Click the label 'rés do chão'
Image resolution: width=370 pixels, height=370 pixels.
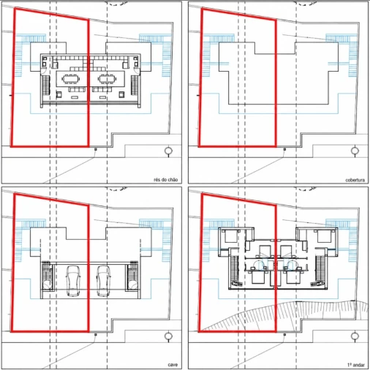point(165,180)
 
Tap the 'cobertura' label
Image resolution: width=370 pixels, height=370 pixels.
point(355,180)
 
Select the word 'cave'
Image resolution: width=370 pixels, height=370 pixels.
point(173,365)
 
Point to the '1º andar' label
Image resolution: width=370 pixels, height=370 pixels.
point(356,365)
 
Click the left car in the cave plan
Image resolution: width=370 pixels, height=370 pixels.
point(72,281)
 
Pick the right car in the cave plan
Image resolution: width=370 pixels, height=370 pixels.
point(103,281)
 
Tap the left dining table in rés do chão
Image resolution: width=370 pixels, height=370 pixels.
point(71,79)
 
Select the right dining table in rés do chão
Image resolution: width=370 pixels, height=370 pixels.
point(107,79)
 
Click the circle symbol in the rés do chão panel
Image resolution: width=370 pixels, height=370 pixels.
point(168,151)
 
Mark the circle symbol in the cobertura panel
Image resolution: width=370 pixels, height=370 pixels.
point(355,151)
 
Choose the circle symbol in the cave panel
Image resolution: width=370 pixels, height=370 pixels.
point(168,336)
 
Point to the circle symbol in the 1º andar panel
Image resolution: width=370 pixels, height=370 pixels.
point(355,336)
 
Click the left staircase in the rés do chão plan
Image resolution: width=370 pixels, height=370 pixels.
point(46,85)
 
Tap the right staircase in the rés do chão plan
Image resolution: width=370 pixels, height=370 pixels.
point(135,85)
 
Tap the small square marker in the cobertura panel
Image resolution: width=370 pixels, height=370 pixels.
point(284,149)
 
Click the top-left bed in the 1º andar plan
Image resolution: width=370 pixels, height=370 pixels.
point(231,236)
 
